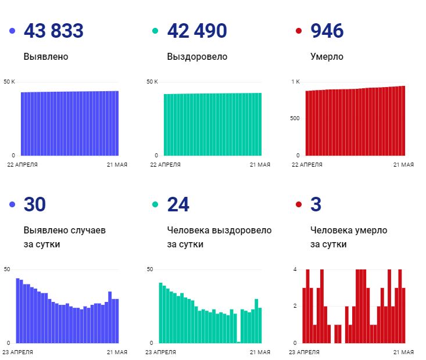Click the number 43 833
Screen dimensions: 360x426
[53, 31]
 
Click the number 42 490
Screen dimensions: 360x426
[196, 31]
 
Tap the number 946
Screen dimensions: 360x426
[327, 31]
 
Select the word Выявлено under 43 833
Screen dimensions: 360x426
[46, 57]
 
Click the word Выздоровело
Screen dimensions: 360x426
[197, 57]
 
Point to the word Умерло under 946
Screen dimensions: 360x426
[327, 57]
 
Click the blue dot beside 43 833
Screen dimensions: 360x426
[12, 31]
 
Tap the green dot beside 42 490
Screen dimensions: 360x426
[155, 31]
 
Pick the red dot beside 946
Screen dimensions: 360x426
[299, 31]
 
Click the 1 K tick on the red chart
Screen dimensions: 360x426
[295, 81]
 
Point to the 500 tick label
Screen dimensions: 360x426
[295, 118]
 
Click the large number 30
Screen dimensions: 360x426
[34, 204]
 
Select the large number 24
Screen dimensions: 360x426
[178, 204]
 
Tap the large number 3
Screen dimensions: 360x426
[316, 204]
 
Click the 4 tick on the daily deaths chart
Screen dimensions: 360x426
[295, 269]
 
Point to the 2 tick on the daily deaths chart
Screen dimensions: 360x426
[295, 306]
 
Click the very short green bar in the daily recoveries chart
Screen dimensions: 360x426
[239, 341]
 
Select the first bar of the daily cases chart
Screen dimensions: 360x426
[17, 311]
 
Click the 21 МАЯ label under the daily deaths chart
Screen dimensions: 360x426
[403, 352]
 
